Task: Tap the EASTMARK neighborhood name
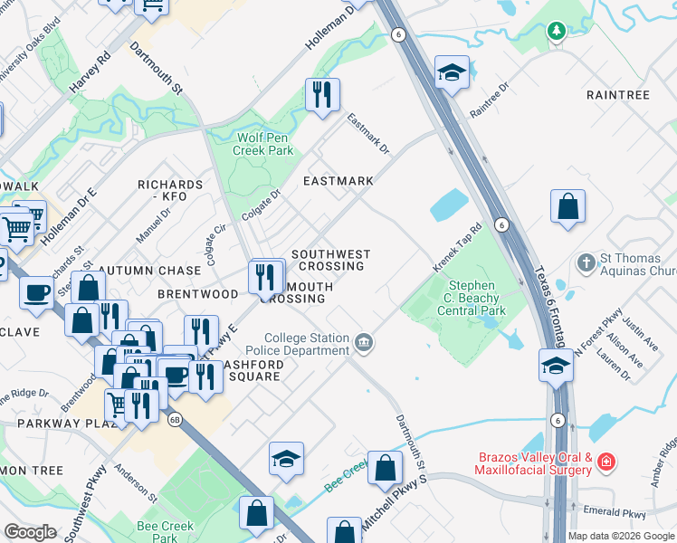click(x=338, y=181)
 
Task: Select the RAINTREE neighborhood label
click(x=617, y=95)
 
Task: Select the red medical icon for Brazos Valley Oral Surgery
click(x=605, y=464)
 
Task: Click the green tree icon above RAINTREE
click(x=556, y=32)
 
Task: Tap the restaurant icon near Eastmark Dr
click(x=322, y=94)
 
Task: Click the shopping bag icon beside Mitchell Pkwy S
click(x=385, y=467)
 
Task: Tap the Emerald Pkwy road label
click(x=622, y=513)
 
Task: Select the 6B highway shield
click(x=175, y=419)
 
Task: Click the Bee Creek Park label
click(x=165, y=531)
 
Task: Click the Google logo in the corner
click(x=30, y=532)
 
